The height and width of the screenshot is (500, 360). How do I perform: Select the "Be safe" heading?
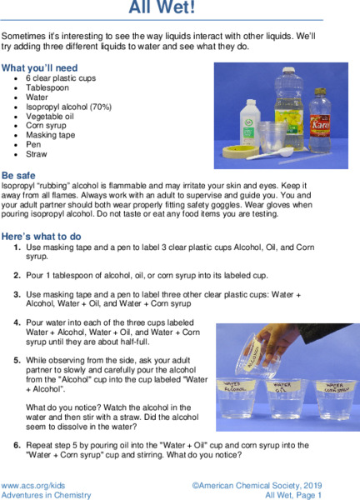18,177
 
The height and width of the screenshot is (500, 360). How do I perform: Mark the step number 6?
17,445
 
